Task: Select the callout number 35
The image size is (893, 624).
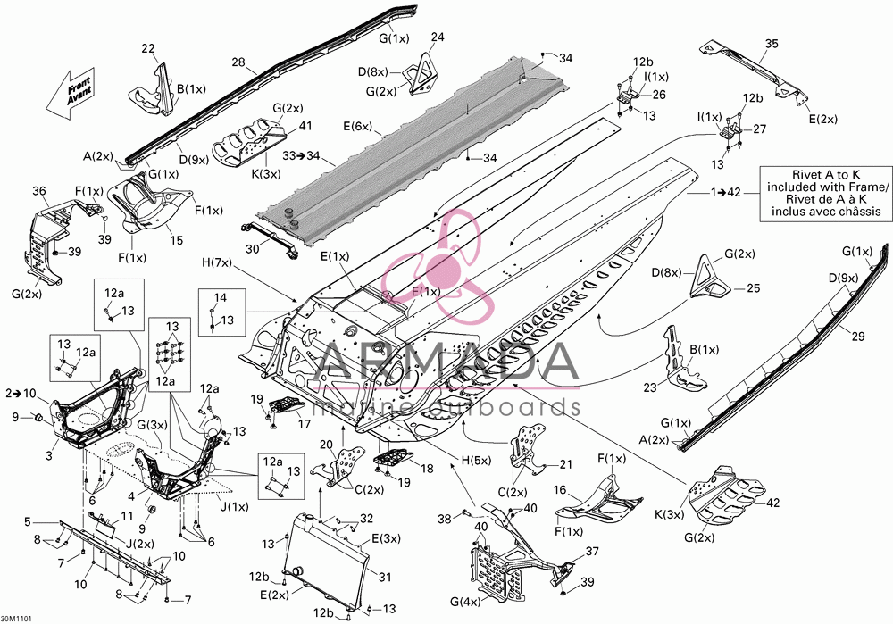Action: point(772,44)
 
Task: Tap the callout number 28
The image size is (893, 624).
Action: point(238,62)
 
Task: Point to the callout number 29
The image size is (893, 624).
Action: point(857,337)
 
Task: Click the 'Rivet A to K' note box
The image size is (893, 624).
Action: point(826,194)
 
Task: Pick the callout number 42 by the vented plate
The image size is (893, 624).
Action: point(773,503)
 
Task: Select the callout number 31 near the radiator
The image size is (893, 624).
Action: point(385,577)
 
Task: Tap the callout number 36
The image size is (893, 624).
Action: point(38,191)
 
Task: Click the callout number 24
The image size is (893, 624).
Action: point(438,37)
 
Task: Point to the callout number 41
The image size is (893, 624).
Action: point(305,125)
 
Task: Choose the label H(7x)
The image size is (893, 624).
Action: point(217,262)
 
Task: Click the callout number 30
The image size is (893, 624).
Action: point(253,249)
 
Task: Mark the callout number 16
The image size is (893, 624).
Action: point(560,489)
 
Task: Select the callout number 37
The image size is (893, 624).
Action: point(592,551)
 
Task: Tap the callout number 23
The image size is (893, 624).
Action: point(650,387)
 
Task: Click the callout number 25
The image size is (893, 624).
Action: point(753,288)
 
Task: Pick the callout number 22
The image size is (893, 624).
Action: point(148,48)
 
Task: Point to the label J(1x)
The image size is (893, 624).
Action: point(234,506)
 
